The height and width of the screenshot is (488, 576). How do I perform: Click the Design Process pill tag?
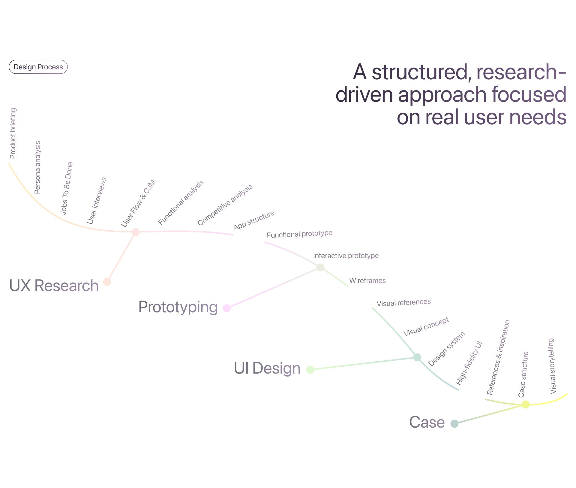tap(38, 67)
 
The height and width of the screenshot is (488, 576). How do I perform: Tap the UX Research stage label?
tap(54, 285)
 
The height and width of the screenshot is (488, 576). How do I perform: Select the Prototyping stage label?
tap(178, 307)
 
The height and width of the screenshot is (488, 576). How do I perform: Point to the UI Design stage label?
tap(267, 368)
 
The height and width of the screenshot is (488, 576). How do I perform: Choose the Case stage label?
tap(427, 422)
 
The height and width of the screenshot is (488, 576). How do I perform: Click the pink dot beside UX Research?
tap(107, 282)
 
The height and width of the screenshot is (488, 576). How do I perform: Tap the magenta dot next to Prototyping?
tap(227, 308)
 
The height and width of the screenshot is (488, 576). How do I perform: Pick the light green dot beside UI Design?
tap(310, 369)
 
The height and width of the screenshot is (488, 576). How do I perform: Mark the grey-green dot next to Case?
tap(454, 424)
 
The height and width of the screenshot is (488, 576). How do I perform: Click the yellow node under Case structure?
tap(525, 405)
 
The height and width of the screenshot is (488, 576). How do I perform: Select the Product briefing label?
tap(13, 133)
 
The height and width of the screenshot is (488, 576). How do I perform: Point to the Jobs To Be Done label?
tap(67, 189)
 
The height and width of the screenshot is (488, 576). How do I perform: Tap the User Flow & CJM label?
tap(138, 203)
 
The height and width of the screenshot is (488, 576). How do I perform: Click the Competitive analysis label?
tap(225, 205)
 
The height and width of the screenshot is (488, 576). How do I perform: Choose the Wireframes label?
tap(367, 280)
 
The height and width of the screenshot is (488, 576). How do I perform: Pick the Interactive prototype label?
tap(346, 256)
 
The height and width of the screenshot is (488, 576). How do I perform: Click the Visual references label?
tap(404, 303)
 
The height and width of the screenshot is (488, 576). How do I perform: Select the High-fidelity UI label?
tap(469, 363)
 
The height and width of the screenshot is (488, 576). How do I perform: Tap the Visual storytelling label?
tap(552, 366)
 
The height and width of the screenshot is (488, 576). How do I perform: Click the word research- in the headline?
tap(521, 72)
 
